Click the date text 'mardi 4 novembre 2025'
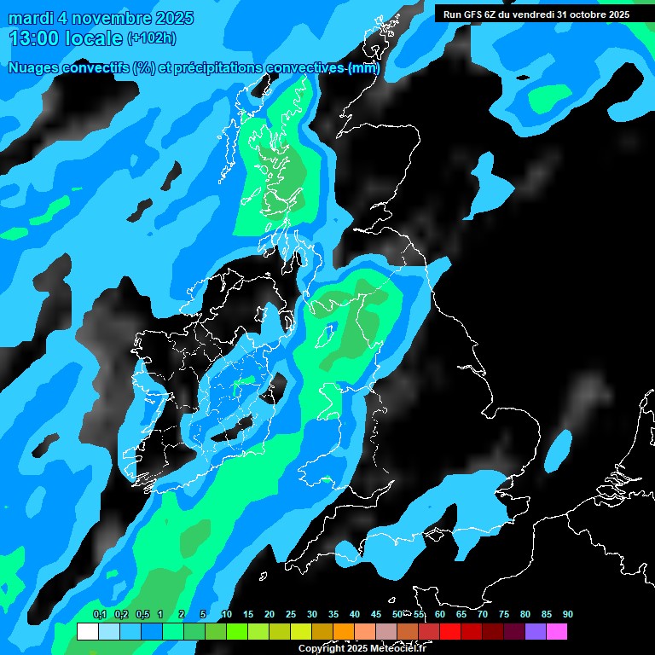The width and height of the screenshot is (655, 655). click(x=101, y=18)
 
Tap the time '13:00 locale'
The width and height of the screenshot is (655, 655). click(x=67, y=38)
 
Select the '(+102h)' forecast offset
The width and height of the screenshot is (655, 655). click(x=152, y=38)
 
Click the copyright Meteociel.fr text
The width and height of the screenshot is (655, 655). click(x=362, y=649)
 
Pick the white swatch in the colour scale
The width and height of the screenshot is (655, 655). click(x=87, y=632)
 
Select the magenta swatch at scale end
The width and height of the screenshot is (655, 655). click(x=557, y=632)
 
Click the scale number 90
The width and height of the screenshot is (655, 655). click(x=567, y=615)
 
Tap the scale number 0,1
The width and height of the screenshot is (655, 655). click(x=99, y=615)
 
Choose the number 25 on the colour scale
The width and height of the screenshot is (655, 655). click(x=291, y=615)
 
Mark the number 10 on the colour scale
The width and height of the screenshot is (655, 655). click(x=226, y=615)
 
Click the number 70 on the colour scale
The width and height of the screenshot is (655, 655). click(x=483, y=615)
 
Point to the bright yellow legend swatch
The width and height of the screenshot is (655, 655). click(x=301, y=632)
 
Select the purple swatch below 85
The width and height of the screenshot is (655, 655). click(x=536, y=632)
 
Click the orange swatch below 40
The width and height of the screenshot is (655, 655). click(x=344, y=632)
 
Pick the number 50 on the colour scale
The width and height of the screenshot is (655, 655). click(x=397, y=615)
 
